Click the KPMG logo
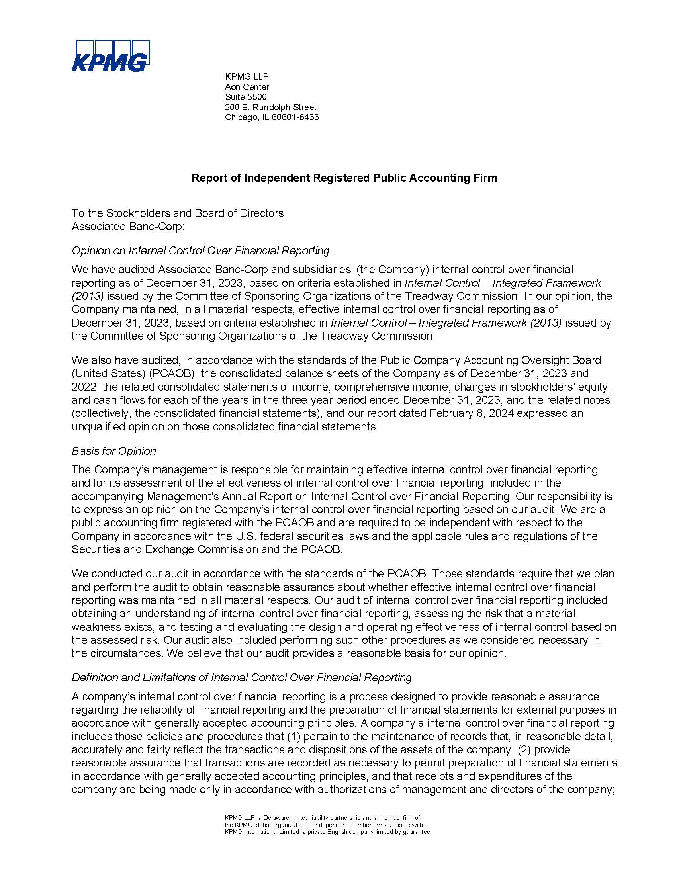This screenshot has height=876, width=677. click(110, 56)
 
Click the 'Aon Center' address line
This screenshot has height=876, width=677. click(247, 87)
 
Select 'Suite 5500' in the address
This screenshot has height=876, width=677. click(245, 97)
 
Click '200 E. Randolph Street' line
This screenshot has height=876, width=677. click(270, 107)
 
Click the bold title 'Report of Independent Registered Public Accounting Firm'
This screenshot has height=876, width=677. click(344, 178)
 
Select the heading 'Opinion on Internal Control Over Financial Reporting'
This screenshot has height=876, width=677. click(200, 251)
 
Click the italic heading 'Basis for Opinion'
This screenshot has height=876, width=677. click(113, 451)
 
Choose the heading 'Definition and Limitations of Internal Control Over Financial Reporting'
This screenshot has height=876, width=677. click(241, 677)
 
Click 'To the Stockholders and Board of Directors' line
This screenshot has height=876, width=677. click(177, 213)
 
